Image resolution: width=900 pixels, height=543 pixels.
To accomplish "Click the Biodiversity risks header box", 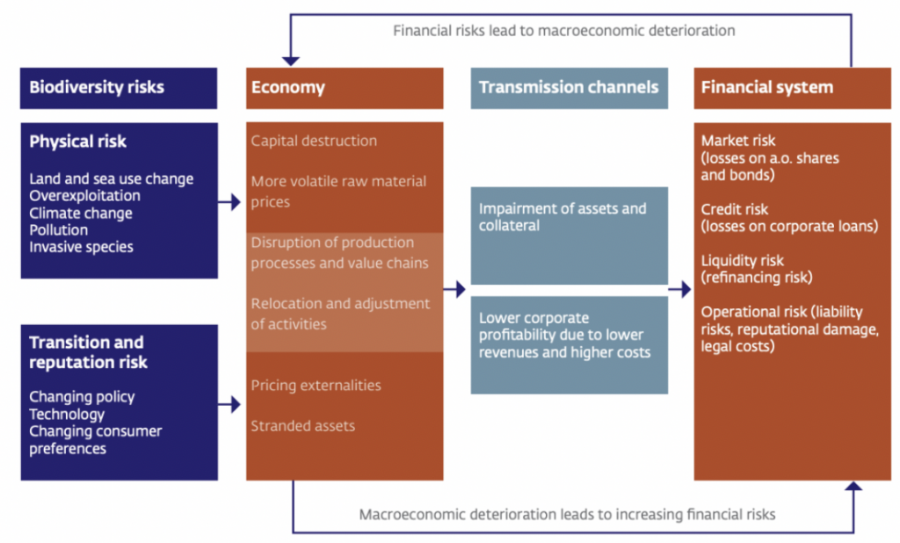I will pyautogui.click(x=119, y=88).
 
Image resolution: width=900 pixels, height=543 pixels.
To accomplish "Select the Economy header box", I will pyautogui.click(x=345, y=88).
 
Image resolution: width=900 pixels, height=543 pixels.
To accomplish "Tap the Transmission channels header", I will pyautogui.click(x=569, y=88).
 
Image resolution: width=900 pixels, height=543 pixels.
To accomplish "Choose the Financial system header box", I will pyautogui.click(x=792, y=88).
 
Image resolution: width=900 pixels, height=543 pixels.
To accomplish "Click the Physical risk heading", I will pyautogui.click(x=78, y=141).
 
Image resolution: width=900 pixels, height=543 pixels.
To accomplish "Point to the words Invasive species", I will pyautogui.click(x=81, y=247).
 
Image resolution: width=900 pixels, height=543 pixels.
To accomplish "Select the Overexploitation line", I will pyautogui.click(x=84, y=196).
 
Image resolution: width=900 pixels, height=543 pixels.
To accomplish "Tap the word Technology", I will pyautogui.click(x=67, y=414).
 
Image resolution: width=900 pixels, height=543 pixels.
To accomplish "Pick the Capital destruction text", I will pyautogui.click(x=314, y=141).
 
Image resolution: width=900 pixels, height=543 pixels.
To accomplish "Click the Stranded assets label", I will pyautogui.click(x=303, y=426).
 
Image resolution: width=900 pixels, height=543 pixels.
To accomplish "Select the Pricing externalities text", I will pyautogui.click(x=316, y=385).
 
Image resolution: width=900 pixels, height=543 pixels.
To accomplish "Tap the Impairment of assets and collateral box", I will pyautogui.click(x=569, y=235).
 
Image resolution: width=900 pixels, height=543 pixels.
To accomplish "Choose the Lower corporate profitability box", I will pyautogui.click(x=569, y=344).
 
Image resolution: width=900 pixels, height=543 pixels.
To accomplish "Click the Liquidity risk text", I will pyautogui.click(x=743, y=260).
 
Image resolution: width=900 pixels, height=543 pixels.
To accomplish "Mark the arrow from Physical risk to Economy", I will pyautogui.click(x=230, y=202).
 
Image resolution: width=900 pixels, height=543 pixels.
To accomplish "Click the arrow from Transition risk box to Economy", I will pyautogui.click(x=230, y=404).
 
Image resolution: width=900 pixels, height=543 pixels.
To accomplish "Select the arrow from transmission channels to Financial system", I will pyautogui.click(x=680, y=289).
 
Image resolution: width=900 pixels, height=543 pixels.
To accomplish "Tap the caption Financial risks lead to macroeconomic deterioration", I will pyautogui.click(x=563, y=31).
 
